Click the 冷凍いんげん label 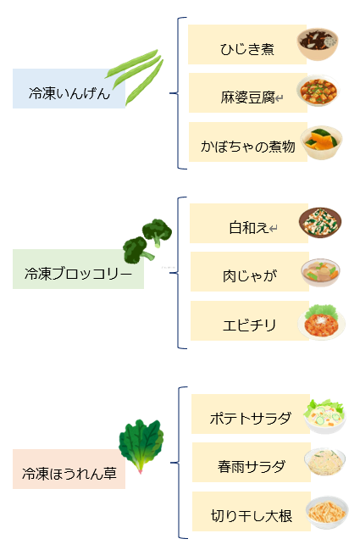tap(69, 93)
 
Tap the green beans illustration tap(135, 77)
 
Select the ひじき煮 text tap(247, 49)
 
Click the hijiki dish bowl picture tap(318, 44)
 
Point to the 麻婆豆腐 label tap(248, 97)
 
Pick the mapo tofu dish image tap(318, 91)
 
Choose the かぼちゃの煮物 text tap(248, 147)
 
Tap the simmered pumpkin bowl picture tap(321, 142)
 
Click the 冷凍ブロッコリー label tap(78, 274)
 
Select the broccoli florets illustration tap(147, 241)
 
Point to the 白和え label tap(249, 228)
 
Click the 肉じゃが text tap(250, 276)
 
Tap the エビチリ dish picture tap(321, 322)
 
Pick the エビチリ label tap(250, 325)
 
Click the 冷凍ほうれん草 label tap(69, 474)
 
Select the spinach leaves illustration tap(141, 446)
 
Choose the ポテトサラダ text tap(251, 419)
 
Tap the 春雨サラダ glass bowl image tap(324, 462)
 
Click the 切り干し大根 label tap(252, 516)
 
